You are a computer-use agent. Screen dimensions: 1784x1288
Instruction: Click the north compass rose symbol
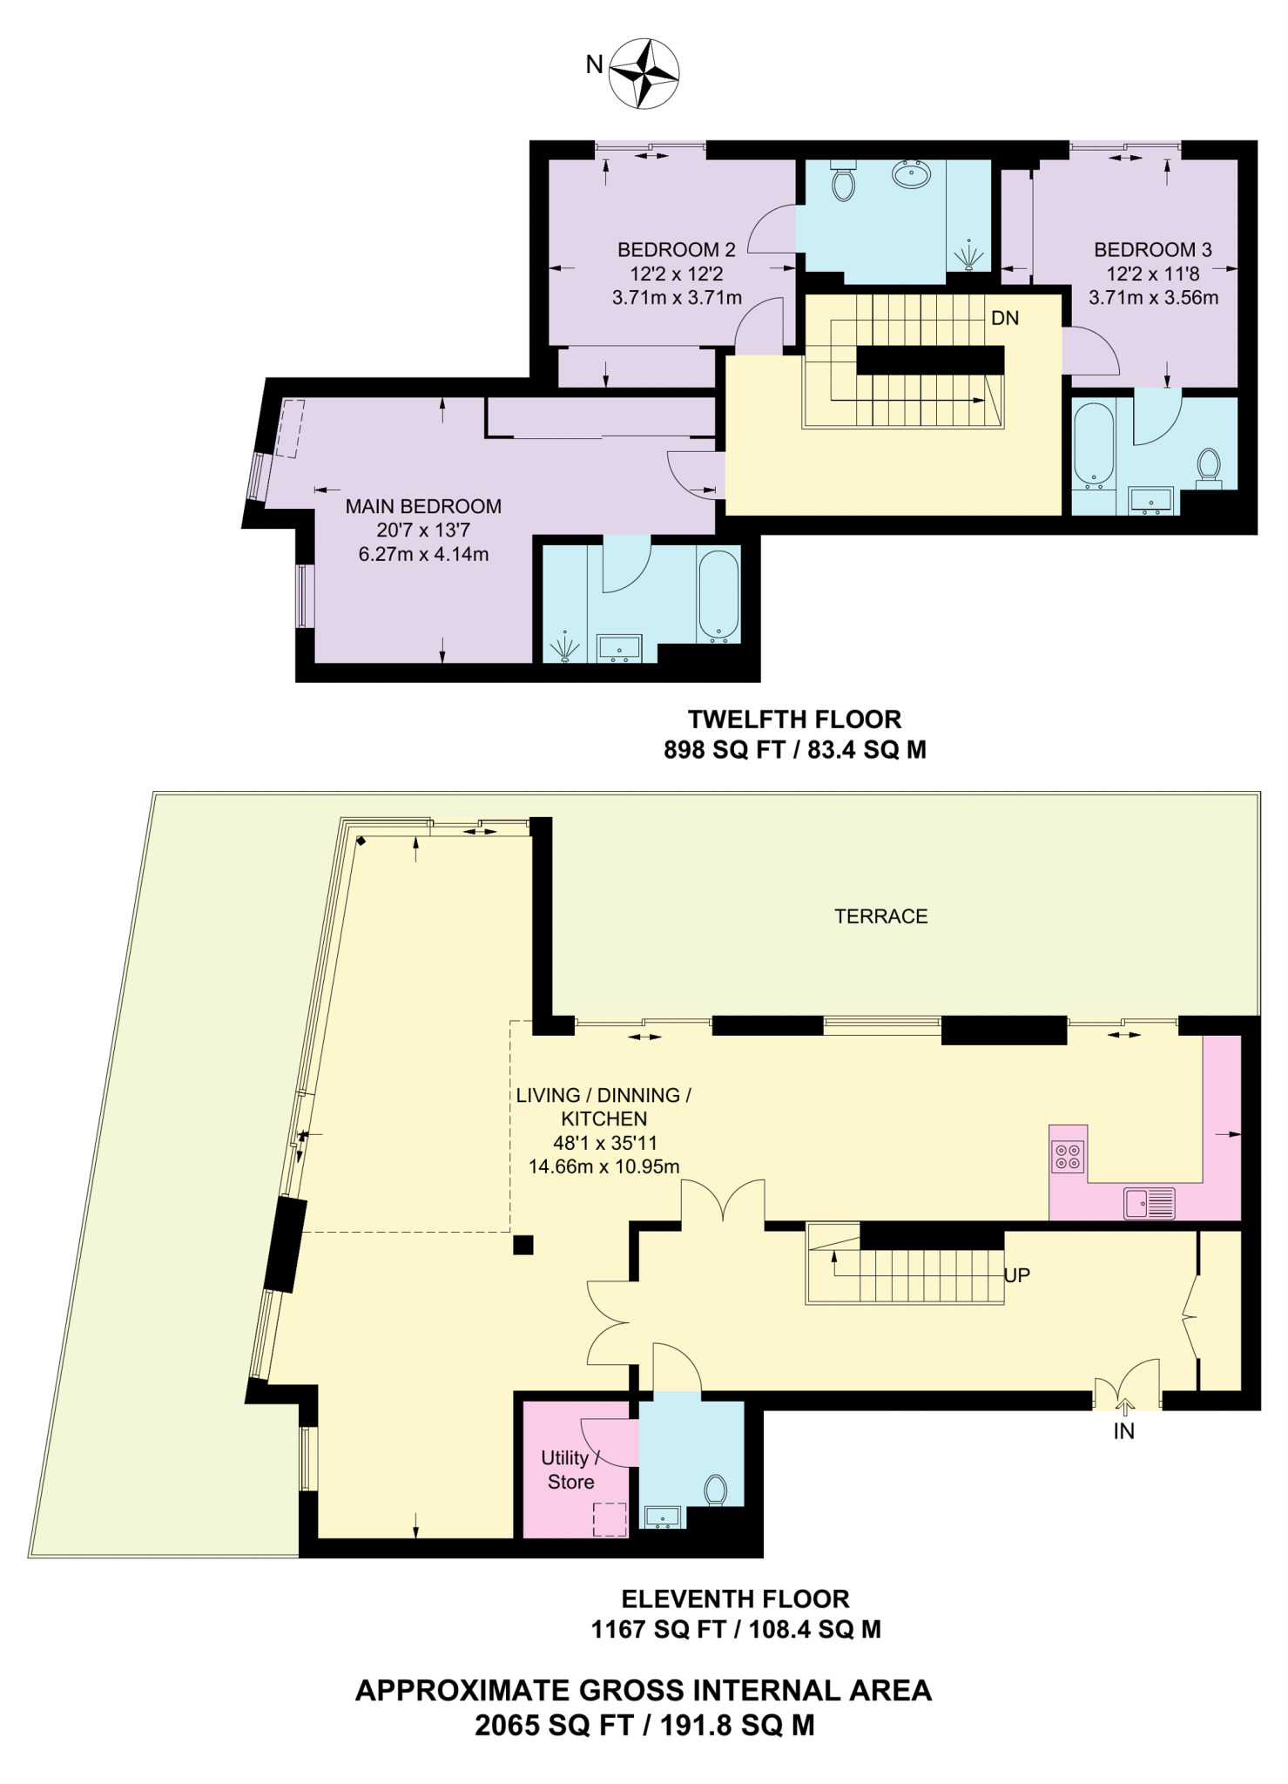644,73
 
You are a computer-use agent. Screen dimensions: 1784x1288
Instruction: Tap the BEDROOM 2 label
676,250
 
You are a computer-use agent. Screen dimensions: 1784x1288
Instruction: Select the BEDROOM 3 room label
1152,250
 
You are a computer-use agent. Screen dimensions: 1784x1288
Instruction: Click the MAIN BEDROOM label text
423,506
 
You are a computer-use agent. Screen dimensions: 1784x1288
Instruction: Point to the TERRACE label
880,916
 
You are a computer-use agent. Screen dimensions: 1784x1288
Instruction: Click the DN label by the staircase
1004,318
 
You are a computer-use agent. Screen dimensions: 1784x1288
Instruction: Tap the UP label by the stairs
1016,1275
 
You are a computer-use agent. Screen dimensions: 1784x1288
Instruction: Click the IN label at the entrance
1123,1431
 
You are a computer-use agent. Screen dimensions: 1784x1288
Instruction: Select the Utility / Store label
570,1470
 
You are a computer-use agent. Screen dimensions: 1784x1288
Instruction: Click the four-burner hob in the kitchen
1068,1157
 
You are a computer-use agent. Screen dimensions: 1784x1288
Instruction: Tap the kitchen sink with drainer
1150,1203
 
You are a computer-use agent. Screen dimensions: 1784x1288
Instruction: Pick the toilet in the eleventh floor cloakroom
716,1490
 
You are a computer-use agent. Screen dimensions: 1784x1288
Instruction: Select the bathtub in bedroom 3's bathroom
1093,444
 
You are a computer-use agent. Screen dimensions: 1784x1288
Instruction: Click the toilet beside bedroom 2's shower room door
843,180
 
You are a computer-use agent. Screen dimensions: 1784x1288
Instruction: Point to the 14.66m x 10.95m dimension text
604,1166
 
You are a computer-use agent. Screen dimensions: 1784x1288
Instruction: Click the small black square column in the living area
523,1245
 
